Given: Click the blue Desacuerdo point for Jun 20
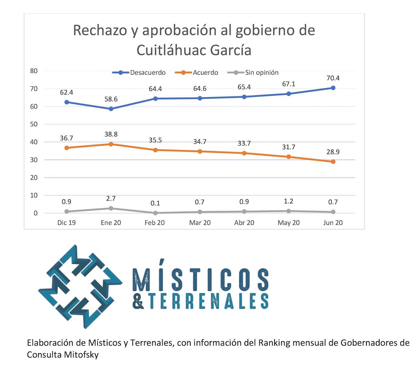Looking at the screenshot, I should pyautogui.click(x=333, y=88).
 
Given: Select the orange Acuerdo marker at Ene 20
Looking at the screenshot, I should pyautogui.click(x=111, y=144).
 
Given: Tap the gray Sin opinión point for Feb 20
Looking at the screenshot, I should pyautogui.click(x=155, y=213).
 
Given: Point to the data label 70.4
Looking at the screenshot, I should pyautogui.click(x=333, y=78).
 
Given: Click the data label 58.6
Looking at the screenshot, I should pyautogui.click(x=111, y=99).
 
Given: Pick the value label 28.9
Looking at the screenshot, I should pyautogui.click(x=333, y=152).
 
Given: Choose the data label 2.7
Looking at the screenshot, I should pyautogui.click(x=111, y=199).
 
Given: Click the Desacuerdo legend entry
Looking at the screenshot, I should pyautogui.click(x=147, y=73).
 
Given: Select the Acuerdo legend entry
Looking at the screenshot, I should pyautogui.click(x=205, y=73).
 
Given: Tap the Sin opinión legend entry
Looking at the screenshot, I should pyautogui.click(x=261, y=73).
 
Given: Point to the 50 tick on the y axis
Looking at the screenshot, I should pyautogui.click(x=34, y=124).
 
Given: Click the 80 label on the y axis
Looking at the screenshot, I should pyautogui.click(x=34, y=71).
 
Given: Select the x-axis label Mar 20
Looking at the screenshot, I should pyautogui.click(x=200, y=222).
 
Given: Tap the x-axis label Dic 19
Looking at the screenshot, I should pyautogui.click(x=67, y=222).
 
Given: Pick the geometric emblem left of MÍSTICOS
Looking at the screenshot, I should pyautogui.click(x=80, y=286).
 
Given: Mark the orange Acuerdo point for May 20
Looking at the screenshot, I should pyautogui.click(x=289, y=157).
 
